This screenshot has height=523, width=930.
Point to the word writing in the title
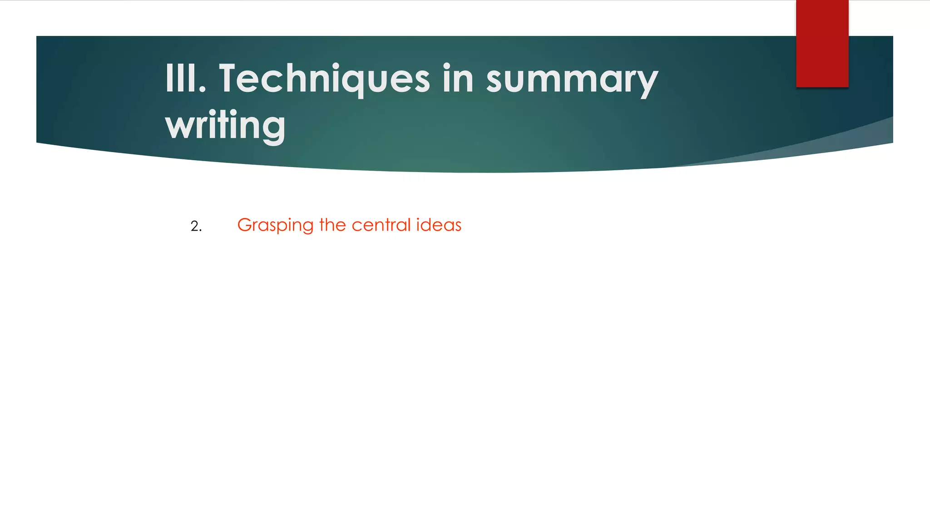point(225,125)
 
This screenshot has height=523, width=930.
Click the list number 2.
point(196,226)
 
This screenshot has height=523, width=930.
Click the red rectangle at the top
point(822,44)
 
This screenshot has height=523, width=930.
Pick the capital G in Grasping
point(244,225)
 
